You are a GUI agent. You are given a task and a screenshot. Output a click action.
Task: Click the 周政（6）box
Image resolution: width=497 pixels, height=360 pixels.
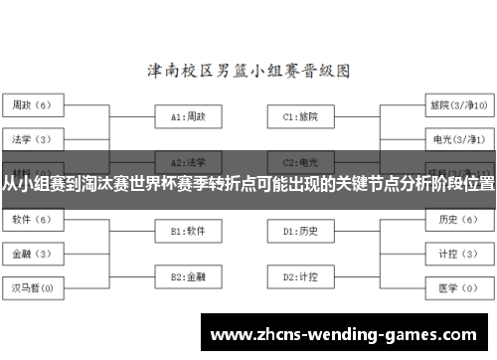point(35,104)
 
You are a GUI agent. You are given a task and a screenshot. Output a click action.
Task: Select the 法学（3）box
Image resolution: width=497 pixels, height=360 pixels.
point(35,138)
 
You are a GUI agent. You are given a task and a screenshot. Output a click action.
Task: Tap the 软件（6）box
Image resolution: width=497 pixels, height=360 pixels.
point(35,218)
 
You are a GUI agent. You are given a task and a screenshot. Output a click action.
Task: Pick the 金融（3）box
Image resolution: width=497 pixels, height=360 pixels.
point(35,253)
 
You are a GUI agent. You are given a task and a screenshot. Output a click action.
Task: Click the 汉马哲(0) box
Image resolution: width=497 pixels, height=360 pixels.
point(35,287)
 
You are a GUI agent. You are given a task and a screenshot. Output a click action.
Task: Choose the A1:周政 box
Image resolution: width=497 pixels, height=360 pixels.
point(188,116)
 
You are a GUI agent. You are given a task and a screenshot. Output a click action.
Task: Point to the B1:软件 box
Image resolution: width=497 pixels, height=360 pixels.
point(188,231)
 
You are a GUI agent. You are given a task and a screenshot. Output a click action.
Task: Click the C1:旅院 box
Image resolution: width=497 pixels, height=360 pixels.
point(300,116)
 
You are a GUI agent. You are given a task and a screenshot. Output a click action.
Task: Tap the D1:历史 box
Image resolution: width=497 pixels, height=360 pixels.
point(300,231)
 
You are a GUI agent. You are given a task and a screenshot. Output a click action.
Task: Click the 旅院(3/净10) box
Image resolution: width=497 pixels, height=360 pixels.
point(458,104)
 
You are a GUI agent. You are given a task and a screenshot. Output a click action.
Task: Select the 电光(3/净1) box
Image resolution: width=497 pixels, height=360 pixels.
point(458,138)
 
